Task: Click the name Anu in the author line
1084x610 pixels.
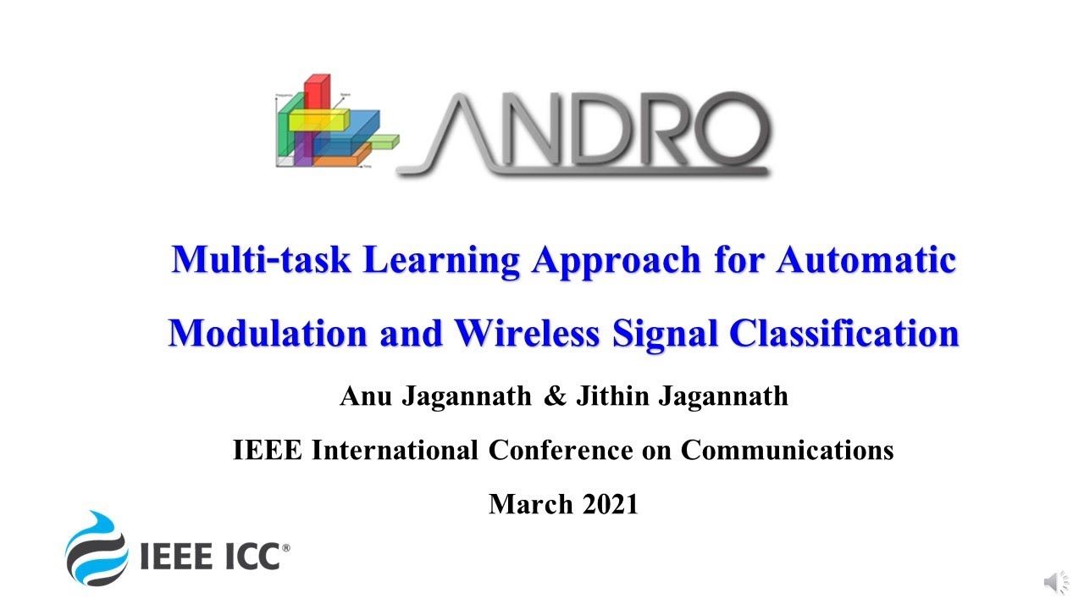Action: click(364, 396)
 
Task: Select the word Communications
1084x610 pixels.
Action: click(787, 450)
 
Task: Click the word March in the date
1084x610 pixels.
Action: click(531, 505)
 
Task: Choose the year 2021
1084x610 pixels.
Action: click(610, 505)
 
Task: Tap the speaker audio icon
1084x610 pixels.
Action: click(1055, 582)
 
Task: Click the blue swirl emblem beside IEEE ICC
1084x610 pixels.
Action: click(96, 548)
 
